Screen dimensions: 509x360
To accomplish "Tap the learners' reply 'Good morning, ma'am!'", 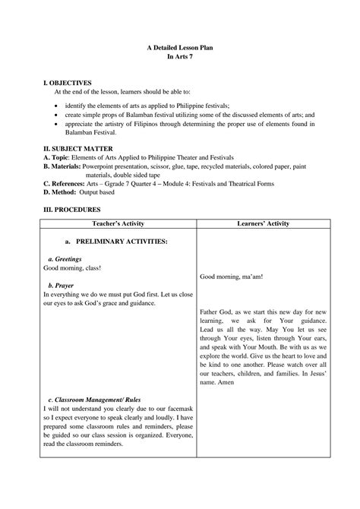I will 232,277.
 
